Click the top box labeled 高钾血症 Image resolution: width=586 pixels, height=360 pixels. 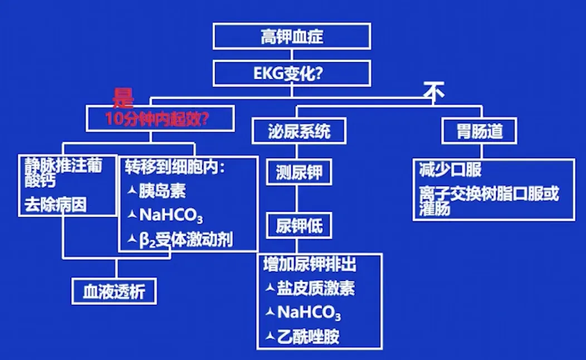point(291,37)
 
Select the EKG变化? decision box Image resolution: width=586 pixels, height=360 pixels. point(291,74)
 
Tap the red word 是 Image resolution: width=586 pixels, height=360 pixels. point(124,98)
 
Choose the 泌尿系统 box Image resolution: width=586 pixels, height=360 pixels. point(299,132)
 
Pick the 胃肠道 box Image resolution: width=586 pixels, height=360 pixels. point(479,132)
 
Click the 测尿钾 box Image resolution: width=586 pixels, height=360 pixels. point(299,173)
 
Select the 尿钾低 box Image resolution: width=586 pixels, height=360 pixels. point(299,226)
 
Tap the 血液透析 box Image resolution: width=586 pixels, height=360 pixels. point(114,291)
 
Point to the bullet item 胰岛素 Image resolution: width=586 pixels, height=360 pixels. point(162,191)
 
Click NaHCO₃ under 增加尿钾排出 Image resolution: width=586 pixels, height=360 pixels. point(309,313)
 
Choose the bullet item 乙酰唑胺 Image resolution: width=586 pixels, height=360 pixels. point(308,337)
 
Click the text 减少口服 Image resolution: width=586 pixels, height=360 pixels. point(450,170)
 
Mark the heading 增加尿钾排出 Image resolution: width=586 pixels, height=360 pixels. point(310,264)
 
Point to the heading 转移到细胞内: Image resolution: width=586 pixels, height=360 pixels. point(174,167)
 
